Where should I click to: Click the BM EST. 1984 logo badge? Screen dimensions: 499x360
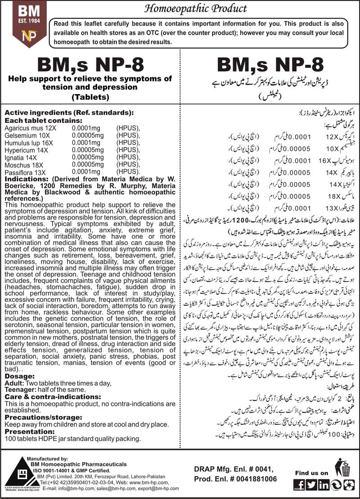click(24, 23)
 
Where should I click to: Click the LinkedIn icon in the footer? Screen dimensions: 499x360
click(323, 485)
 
